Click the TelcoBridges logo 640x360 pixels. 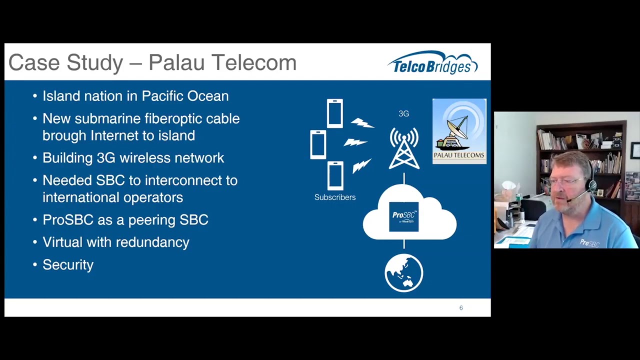click(x=432, y=62)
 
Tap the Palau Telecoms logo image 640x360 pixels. click(x=459, y=131)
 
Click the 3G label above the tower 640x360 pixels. click(x=403, y=113)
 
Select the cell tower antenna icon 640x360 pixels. click(x=404, y=148)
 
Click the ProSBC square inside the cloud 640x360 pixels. click(x=404, y=216)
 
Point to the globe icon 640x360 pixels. click(x=403, y=273)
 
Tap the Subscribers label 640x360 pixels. click(x=335, y=197)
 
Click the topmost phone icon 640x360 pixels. click(x=335, y=113)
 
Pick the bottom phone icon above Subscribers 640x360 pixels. click(x=335, y=175)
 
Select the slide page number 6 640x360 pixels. click(x=461, y=307)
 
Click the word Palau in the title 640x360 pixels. click(x=176, y=62)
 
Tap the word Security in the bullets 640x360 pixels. click(x=68, y=265)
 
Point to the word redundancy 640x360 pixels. click(x=152, y=242)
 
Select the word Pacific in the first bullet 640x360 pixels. click(x=162, y=96)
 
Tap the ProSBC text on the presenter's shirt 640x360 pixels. click(x=589, y=243)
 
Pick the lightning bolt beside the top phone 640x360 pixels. click(x=362, y=123)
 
